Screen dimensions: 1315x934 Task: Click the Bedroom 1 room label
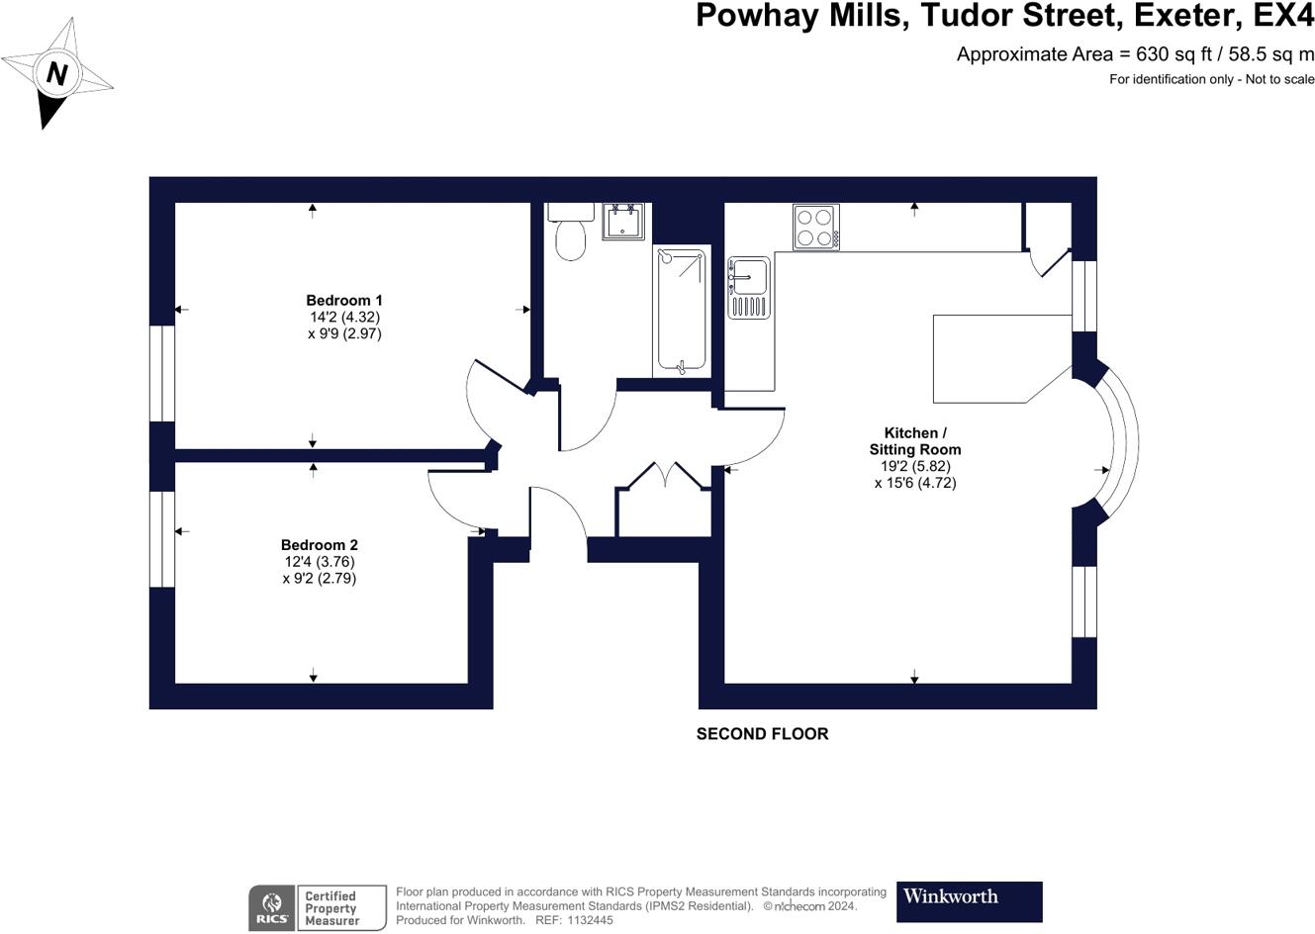pos(344,301)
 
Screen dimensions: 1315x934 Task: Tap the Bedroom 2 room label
pos(320,545)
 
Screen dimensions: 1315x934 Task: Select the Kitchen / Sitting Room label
pos(915,441)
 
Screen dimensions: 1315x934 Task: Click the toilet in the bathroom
pos(570,232)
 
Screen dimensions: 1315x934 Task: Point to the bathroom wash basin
pos(622,222)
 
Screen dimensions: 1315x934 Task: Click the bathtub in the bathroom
pos(682,311)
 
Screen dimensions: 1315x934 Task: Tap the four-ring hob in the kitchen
pos(816,228)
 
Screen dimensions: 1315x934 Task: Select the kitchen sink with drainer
pos(748,288)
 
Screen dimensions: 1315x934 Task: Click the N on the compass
pos(57,74)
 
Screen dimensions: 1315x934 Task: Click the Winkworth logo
pos(970,901)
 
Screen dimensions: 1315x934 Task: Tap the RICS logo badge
pos(272,908)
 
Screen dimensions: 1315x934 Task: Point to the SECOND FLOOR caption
pos(762,734)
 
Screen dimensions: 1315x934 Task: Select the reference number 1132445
pos(590,920)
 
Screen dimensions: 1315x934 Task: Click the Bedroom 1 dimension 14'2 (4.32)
pos(344,317)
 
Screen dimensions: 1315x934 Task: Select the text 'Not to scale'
pos(1279,79)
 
